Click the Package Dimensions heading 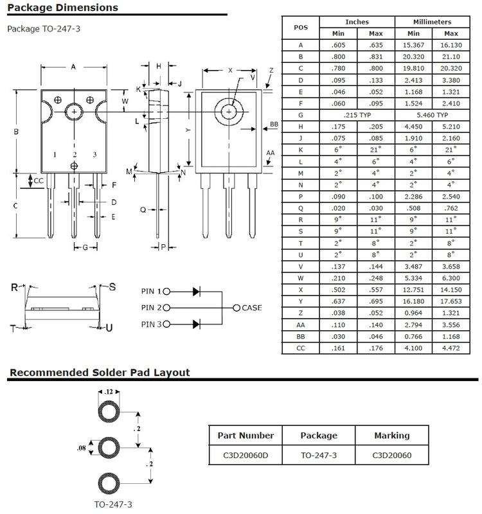tap(62, 8)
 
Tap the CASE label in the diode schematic tap(251, 308)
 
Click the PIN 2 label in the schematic tap(151, 308)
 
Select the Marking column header tap(391, 435)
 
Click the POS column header tap(300, 27)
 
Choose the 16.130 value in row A tap(451, 45)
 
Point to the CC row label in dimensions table tap(300, 348)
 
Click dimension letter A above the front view tap(73, 66)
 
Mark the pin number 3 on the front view tap(94, 155)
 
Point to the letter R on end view tap(14, 287)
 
